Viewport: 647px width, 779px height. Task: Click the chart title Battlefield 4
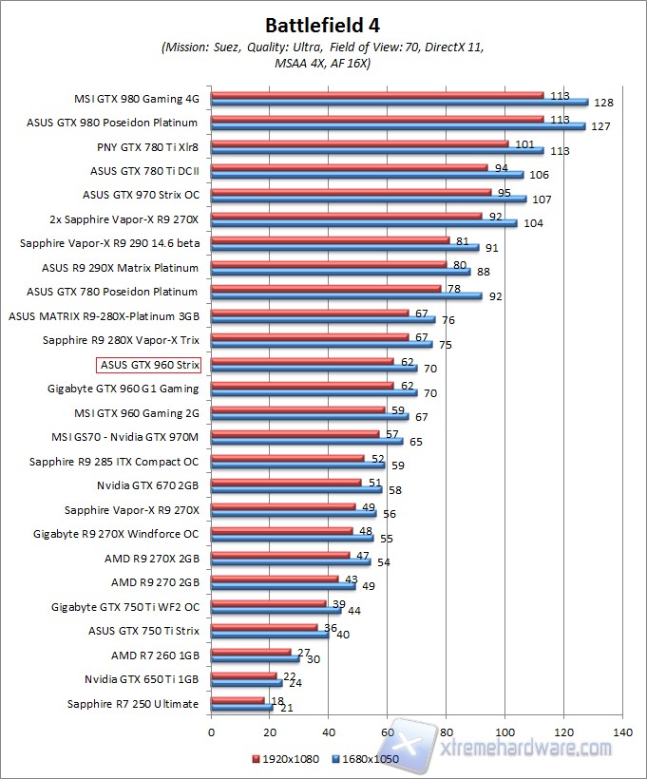pyautogui.click(x=323, y=24)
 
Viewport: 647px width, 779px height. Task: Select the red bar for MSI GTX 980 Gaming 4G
pyautogui.click(x=377, y=95)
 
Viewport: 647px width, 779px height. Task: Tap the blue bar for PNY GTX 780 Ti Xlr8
pyautogui.click(x=377, y=150)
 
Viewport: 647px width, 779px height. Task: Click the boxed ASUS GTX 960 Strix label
pyautogui.click(x=148, y=364)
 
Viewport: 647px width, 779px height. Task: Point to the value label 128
pyautogui.click(x=602, y=103)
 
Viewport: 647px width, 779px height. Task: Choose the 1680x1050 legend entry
pyautogui.click(x=367, y=760)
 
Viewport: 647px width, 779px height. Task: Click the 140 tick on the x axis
pyautogui.click(x=622, y=732)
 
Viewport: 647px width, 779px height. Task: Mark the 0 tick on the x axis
pyautogui.click(x=212, y=732)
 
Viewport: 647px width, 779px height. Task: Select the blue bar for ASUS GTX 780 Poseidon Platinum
pyautogui.click(x=346, y=295)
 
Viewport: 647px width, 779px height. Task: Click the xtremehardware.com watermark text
pyautogui.click(x=528, y=749)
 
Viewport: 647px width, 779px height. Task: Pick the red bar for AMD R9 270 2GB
pyautogui.click(x=275, y=579)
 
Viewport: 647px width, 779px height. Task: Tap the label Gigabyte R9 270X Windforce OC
pyautogui.click(x=117, y=534)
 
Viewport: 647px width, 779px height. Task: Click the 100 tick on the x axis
pyautogui.click(x=504, y=732)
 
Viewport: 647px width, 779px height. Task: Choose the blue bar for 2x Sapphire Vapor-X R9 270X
pyautogui.click(x=364, y=223)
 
